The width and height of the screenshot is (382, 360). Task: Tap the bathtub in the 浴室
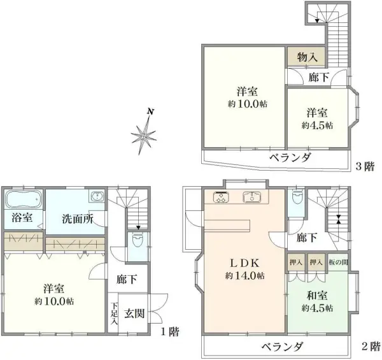coord(23,199)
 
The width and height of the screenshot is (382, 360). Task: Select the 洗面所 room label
coord(78,219)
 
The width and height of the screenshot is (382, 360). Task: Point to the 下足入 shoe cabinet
coord(113,313)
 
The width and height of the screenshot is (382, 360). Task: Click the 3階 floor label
coord(364,166)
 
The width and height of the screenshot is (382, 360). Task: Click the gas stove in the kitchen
coord(220,198)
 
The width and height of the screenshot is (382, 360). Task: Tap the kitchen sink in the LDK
coord(254,197)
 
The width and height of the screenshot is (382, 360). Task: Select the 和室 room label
coord(316,295)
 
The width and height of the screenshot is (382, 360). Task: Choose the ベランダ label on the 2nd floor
coord(281,347)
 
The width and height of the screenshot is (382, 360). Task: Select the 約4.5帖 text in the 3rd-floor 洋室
coord(317,126)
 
